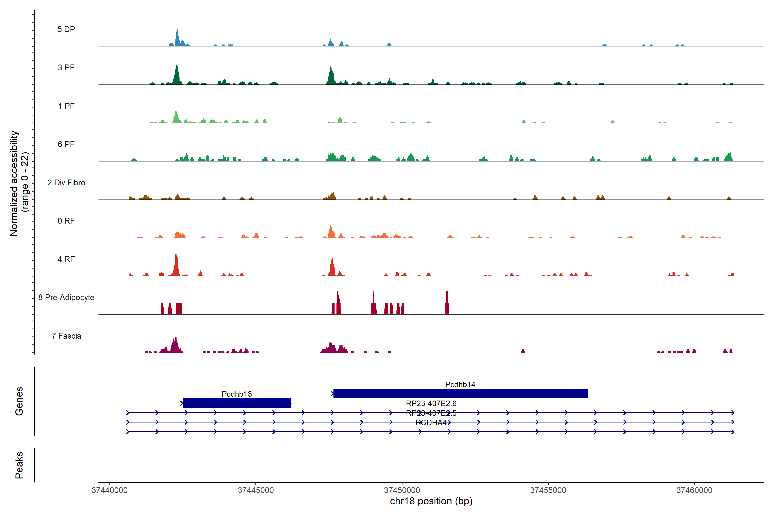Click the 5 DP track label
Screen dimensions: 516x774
click(x=66, y=29)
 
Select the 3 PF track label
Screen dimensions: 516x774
click(x=66, y=68)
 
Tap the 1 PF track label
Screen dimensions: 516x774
click(x=66, y=106)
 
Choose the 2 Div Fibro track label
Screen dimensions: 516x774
click(x=66, y=183)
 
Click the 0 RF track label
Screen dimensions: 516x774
click(x=66, y=221)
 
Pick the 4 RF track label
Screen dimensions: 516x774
click(x=66, y=259)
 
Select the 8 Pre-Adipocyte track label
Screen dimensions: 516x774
click(x=66, y=298)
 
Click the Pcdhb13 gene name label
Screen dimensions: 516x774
click(x=237, y=394)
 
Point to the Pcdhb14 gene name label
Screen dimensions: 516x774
click(x=460, y=384)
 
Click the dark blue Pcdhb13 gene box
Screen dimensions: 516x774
click(x=237, y=403)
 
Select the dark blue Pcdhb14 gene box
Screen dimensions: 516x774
click(x=460, y=394)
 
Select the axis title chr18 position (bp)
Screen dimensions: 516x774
click(x=431, y=501)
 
